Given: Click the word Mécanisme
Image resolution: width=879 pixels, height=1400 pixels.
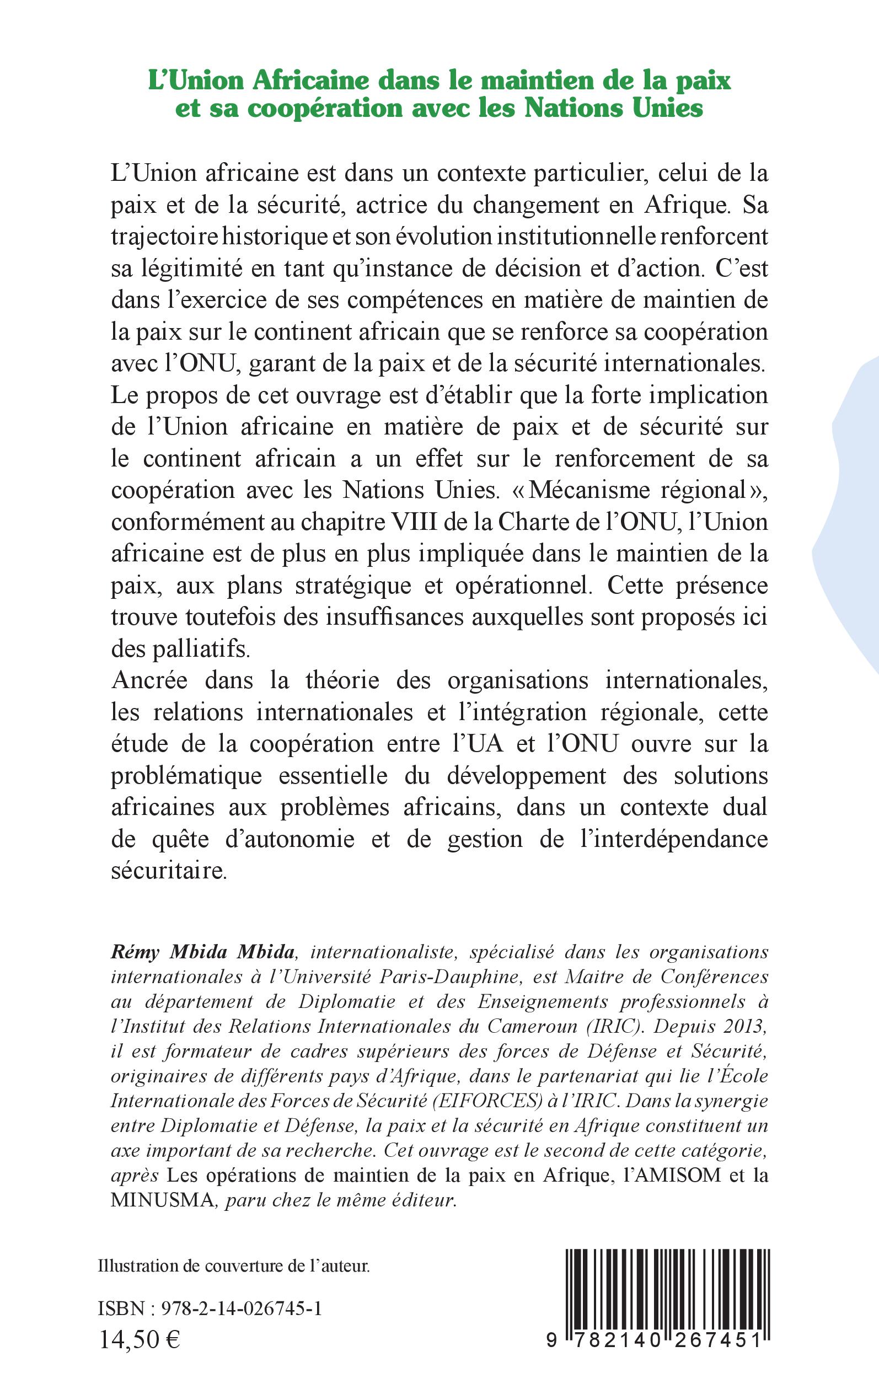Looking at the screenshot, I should (x=591, y=490).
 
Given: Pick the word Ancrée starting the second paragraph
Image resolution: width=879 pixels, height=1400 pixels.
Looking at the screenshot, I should (x=149, y=680).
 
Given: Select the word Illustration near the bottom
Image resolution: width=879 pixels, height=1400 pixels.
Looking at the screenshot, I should (x=138, y=1266).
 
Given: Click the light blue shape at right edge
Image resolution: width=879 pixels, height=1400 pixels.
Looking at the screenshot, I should (x=857, y=523).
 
